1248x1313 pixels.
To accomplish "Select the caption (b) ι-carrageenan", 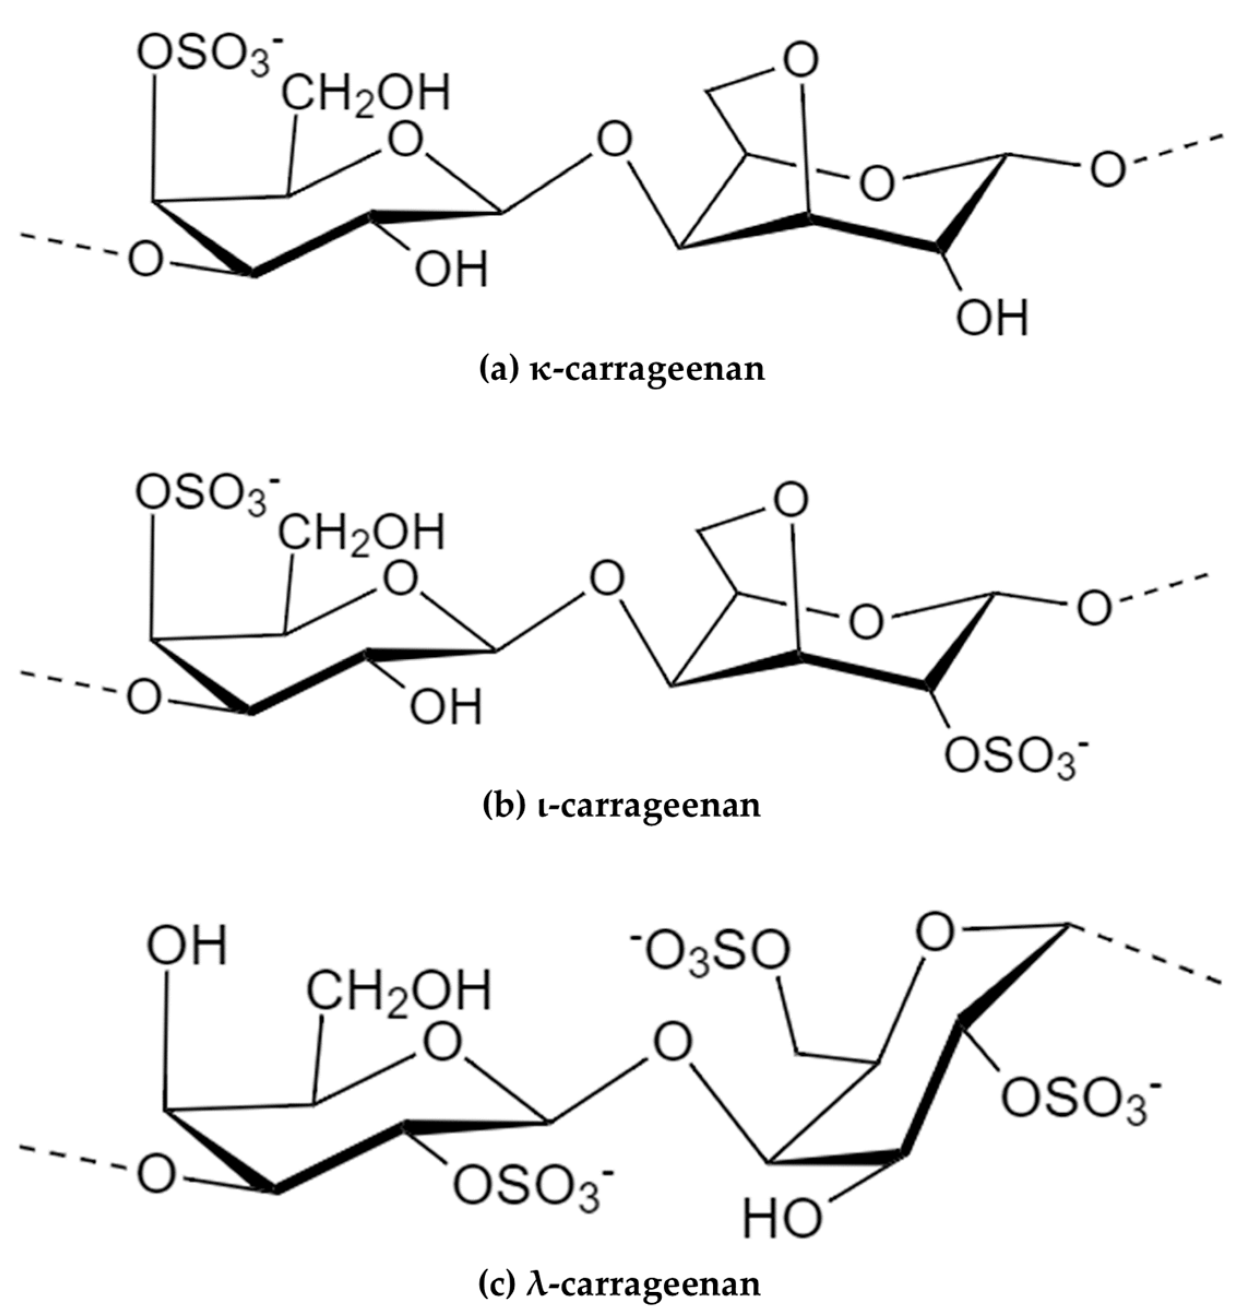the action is pyautogui.click(x=620, y=805).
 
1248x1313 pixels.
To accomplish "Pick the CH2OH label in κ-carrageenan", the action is pyautogui.click(x=365, y=93).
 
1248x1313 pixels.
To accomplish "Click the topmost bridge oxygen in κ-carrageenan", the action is pyautogui.click(x=799, y=61).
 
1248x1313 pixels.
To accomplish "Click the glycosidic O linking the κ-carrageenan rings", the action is pyautogui.click(x=614, y=140).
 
